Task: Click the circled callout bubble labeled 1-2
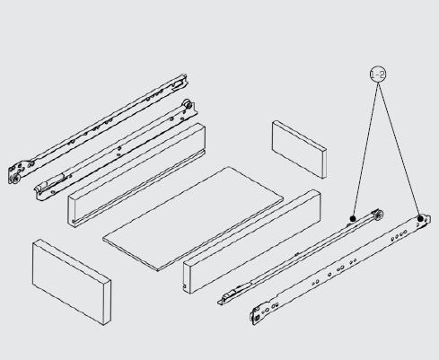[x=377, y=75]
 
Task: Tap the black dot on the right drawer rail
[x=354, y=217]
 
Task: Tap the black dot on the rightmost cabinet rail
[x=419, y=218]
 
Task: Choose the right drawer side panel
[x=251, y=244]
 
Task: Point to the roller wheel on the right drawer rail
[x=379, y=215]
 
